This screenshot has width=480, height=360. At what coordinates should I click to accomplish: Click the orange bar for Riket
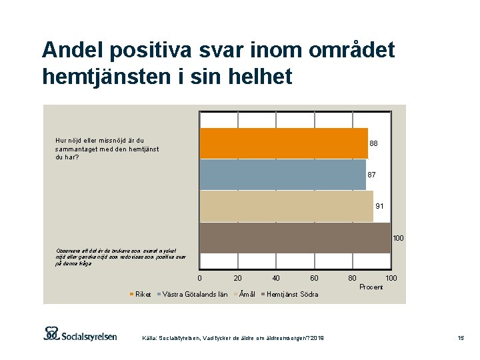283,143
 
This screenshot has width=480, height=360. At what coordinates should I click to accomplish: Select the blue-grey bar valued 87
283,175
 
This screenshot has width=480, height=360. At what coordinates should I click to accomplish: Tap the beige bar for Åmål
287,206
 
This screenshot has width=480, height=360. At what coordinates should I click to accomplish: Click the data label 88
373,143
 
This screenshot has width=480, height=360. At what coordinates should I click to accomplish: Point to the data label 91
379,206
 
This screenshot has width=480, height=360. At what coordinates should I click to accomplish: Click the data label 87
371,175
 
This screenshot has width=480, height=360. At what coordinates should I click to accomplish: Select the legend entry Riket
143,294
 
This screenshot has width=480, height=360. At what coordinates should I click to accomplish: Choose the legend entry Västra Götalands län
195,294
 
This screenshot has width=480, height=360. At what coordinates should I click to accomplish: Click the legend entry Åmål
247,294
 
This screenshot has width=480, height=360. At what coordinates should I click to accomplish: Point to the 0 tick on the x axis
199,278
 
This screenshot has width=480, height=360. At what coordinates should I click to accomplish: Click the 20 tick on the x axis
237,278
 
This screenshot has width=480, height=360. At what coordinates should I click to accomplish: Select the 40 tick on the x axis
276,278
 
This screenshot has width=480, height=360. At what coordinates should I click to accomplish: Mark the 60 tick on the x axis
314,278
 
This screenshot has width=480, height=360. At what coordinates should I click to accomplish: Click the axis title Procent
371,287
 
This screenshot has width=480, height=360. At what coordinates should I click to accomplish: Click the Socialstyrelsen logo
80,334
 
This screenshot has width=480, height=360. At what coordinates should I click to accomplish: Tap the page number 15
460,339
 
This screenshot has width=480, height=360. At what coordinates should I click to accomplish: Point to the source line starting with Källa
233,339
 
